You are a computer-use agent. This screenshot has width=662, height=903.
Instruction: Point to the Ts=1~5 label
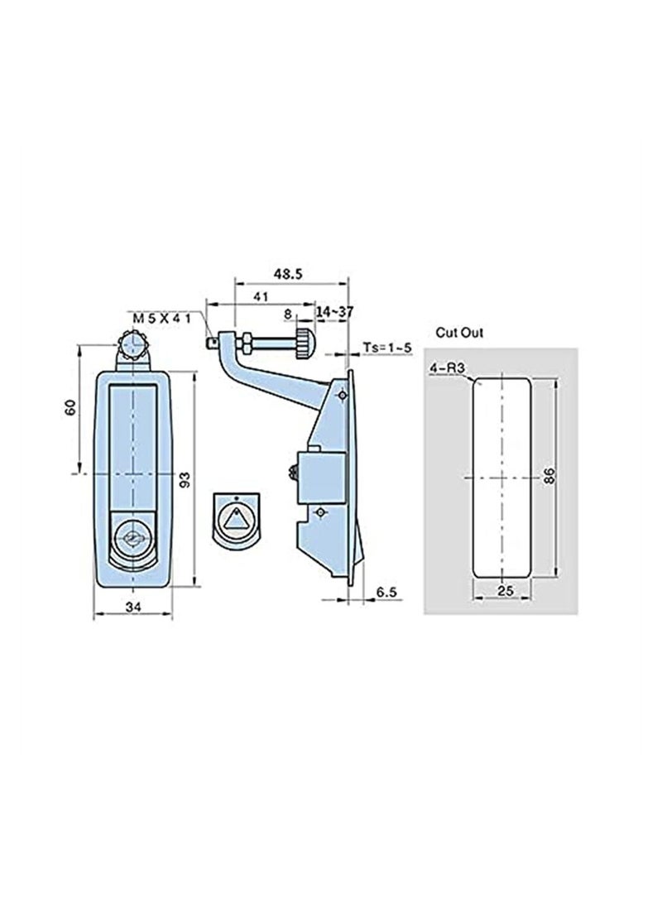[388, 348]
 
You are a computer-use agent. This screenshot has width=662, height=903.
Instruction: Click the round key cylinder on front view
[132, 540]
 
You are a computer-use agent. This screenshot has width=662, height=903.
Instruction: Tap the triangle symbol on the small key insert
[237, 520]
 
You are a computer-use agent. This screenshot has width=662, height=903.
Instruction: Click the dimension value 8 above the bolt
[287, 314]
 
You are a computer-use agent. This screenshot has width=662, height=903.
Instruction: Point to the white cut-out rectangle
[501, 478]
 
